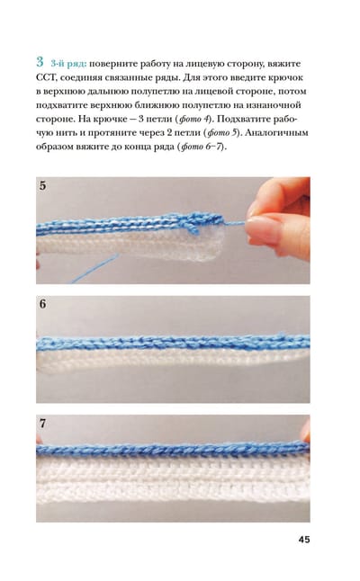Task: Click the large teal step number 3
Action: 40,62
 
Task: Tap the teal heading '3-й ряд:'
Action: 68,64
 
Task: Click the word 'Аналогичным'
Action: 276,132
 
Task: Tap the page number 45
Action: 304,540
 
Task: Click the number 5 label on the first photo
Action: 43,185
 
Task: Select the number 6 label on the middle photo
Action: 43,304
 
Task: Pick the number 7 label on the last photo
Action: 43,423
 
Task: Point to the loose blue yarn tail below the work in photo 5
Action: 94,268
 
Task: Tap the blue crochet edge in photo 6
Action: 173,343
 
